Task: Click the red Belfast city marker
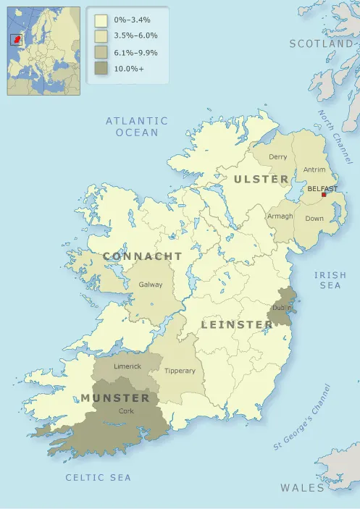(x=323, y=195)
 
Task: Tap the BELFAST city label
(x=322, y=188)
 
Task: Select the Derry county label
(x=278, y=157)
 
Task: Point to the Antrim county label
(x=314, y=169)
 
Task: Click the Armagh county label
(x=280, y=216)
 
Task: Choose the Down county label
(x=314, y=218)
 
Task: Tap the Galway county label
(x=151, y=285)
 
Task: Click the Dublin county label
(x=282, y=308)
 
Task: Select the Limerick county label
(x=127, y=366)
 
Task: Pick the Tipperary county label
(x=180, y=371)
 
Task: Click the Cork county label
(x=126, y=411)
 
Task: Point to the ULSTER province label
(x=261, y=179)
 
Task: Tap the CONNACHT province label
(x=143, y=256)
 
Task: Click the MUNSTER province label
(x=115, y=397)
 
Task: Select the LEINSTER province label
(x=236, y=324)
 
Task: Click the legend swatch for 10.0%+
(x=101, y=69)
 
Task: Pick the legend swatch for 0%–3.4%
(x=101, y=20)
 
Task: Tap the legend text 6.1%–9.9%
(x=136, y=53)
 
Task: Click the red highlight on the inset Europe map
(x=16, y=39)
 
